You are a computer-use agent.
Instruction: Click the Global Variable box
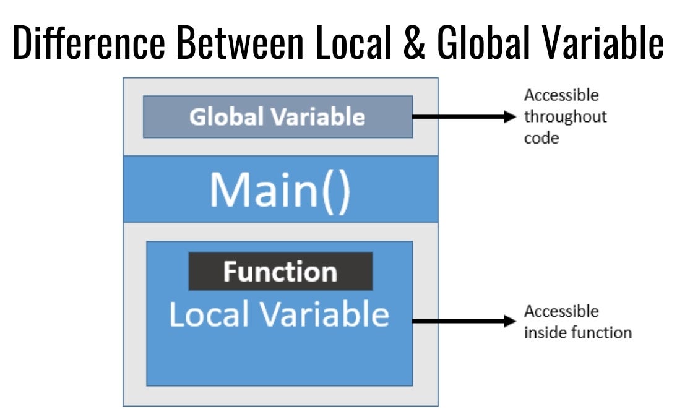point(277,116)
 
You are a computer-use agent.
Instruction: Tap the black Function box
point(280,272)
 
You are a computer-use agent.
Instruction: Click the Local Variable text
point(279,314)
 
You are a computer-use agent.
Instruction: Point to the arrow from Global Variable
point(461,116)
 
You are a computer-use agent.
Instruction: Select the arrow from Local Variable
point(461,321)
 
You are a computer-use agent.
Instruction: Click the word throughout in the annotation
point(566,116)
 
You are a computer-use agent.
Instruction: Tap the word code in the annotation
point(541,137)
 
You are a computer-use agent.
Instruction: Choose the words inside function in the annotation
point(577,332)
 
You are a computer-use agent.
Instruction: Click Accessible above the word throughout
point(561,95)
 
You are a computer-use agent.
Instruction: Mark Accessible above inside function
point(561,311)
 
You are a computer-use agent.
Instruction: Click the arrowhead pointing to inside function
point(510,321)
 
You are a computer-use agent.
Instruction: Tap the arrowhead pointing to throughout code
point(510,116)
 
